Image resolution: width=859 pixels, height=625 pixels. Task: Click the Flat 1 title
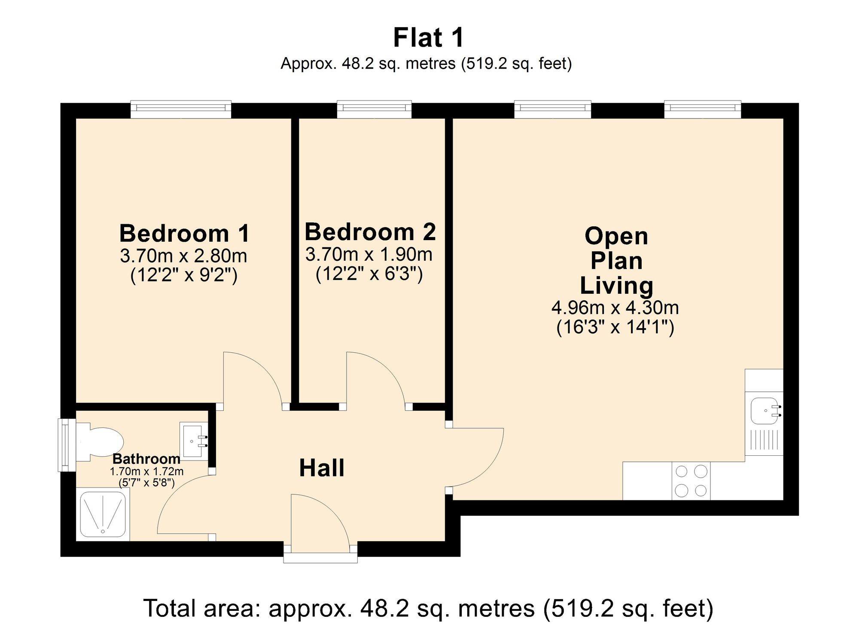tap(428, 38)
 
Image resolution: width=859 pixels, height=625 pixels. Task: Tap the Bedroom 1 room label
tap(184, 234)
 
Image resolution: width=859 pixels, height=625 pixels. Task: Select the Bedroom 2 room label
tap(370, 232)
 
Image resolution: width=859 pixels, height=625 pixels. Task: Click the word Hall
tap(322, 468)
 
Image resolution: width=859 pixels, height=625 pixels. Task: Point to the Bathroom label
tap(146, 459)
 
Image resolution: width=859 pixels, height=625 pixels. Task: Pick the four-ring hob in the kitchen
tap(691, 481)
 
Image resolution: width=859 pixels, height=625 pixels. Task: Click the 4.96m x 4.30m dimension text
tap(615, 308)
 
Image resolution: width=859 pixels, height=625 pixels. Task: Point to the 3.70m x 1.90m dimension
tap(369, 255)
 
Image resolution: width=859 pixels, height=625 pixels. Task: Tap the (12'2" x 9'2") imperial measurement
tap(184, 275)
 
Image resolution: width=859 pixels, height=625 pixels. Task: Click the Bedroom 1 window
tap(181, 109)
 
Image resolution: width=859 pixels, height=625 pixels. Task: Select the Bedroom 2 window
tap(374, 109)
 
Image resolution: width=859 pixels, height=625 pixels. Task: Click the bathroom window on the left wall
tap(64, 445)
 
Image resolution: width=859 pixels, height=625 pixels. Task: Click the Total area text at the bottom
tap(428, 608)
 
